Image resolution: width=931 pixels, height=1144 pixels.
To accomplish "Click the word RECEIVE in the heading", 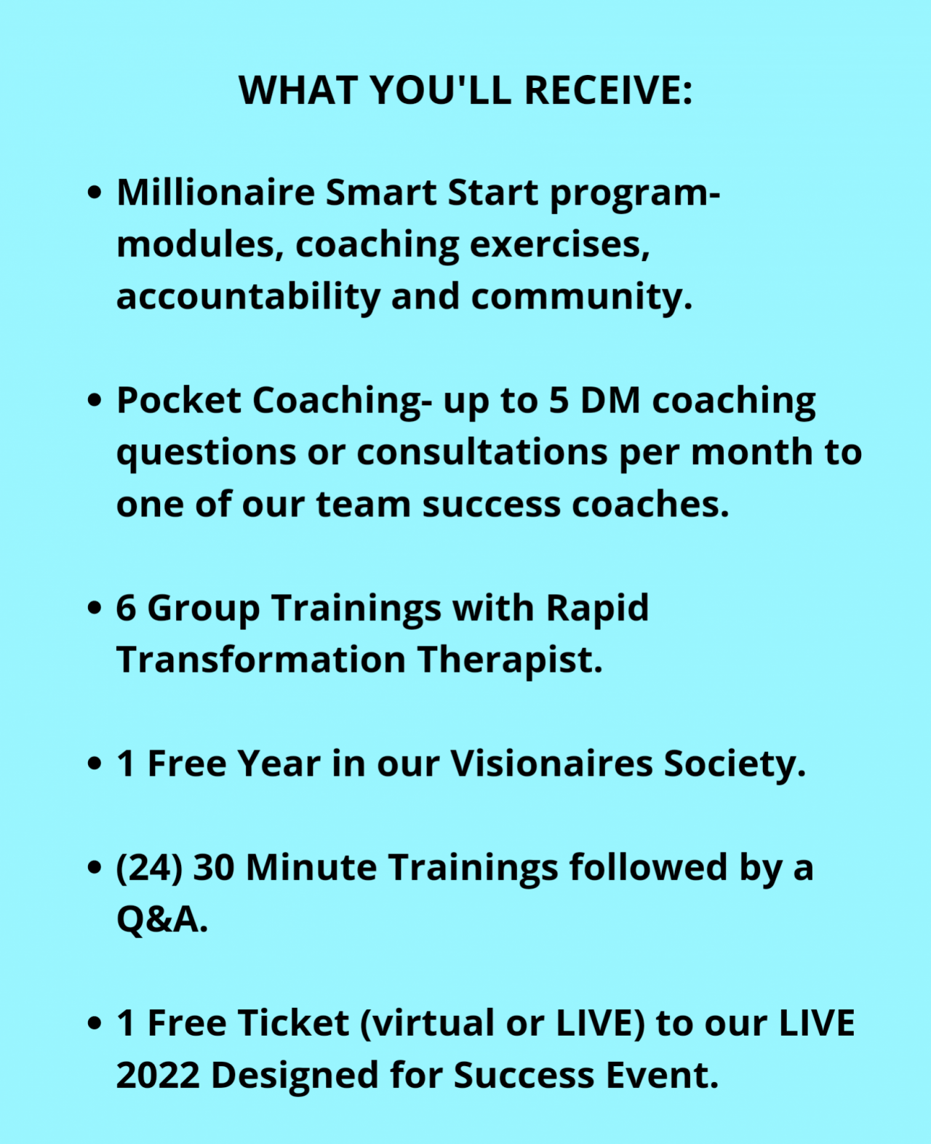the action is point(608,89).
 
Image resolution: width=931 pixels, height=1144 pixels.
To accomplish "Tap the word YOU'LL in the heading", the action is point(440,89).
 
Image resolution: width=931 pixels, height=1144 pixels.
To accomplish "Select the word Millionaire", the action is point(215,192).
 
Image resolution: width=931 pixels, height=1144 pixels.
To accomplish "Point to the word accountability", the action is point(248,297).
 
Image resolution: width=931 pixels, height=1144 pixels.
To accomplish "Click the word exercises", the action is point(559,244).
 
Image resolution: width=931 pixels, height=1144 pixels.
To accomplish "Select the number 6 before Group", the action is point(126,609).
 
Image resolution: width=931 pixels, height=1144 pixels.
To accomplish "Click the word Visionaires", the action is point(551,763).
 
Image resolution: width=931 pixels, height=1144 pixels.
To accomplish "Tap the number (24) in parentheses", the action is point(149,868).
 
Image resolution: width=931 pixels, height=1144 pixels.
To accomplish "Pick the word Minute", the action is point(311,868).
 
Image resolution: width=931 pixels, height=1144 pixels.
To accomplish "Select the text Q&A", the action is point(161,919).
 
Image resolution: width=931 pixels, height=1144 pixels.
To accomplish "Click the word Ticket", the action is point(293,1023).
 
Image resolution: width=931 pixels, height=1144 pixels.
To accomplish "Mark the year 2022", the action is point(158,1076).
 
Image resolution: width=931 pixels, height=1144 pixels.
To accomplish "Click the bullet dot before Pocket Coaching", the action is point(94,401).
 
